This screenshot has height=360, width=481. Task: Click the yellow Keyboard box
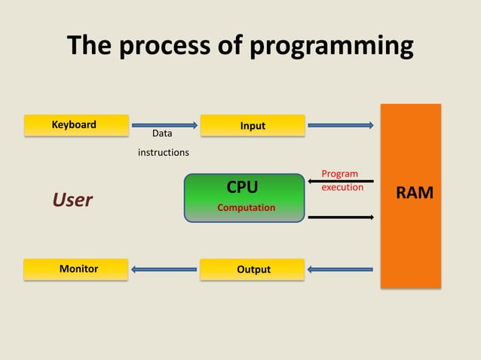(75, 125)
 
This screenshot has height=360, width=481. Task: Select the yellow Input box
(253, 126)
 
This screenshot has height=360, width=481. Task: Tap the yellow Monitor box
(75, 269)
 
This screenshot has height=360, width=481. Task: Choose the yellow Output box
(253, 269)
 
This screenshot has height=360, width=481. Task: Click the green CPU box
(244, 197)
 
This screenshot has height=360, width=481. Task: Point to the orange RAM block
(410, 196)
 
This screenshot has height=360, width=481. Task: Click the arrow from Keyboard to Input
(164, 125)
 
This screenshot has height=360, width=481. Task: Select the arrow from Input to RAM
(341, 125)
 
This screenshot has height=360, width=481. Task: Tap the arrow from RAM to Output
(341, 269)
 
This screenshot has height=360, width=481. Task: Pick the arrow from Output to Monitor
(164, 269)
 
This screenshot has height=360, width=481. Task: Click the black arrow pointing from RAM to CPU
(341, 182)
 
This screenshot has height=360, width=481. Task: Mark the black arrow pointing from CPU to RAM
(341, 217)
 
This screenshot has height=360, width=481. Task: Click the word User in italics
(72, 200)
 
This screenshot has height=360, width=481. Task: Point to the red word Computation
(247, 207)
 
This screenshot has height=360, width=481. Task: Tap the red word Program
(339, 173)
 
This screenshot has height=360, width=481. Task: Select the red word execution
(342, 187)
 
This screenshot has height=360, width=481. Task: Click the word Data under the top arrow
(162, 133)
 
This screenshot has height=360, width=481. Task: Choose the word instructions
(163, 153)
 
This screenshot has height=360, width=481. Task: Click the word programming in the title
(332, 47)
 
